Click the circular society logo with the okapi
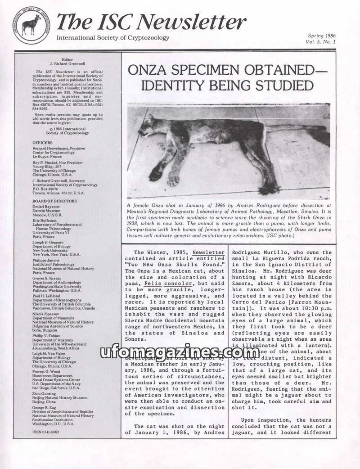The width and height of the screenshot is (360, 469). (x=31, y=25)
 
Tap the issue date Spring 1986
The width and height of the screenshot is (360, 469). (x=322, y=36)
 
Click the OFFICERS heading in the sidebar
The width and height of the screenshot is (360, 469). (x=42, y=143)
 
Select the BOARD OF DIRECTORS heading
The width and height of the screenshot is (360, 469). (x=54, y=201)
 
